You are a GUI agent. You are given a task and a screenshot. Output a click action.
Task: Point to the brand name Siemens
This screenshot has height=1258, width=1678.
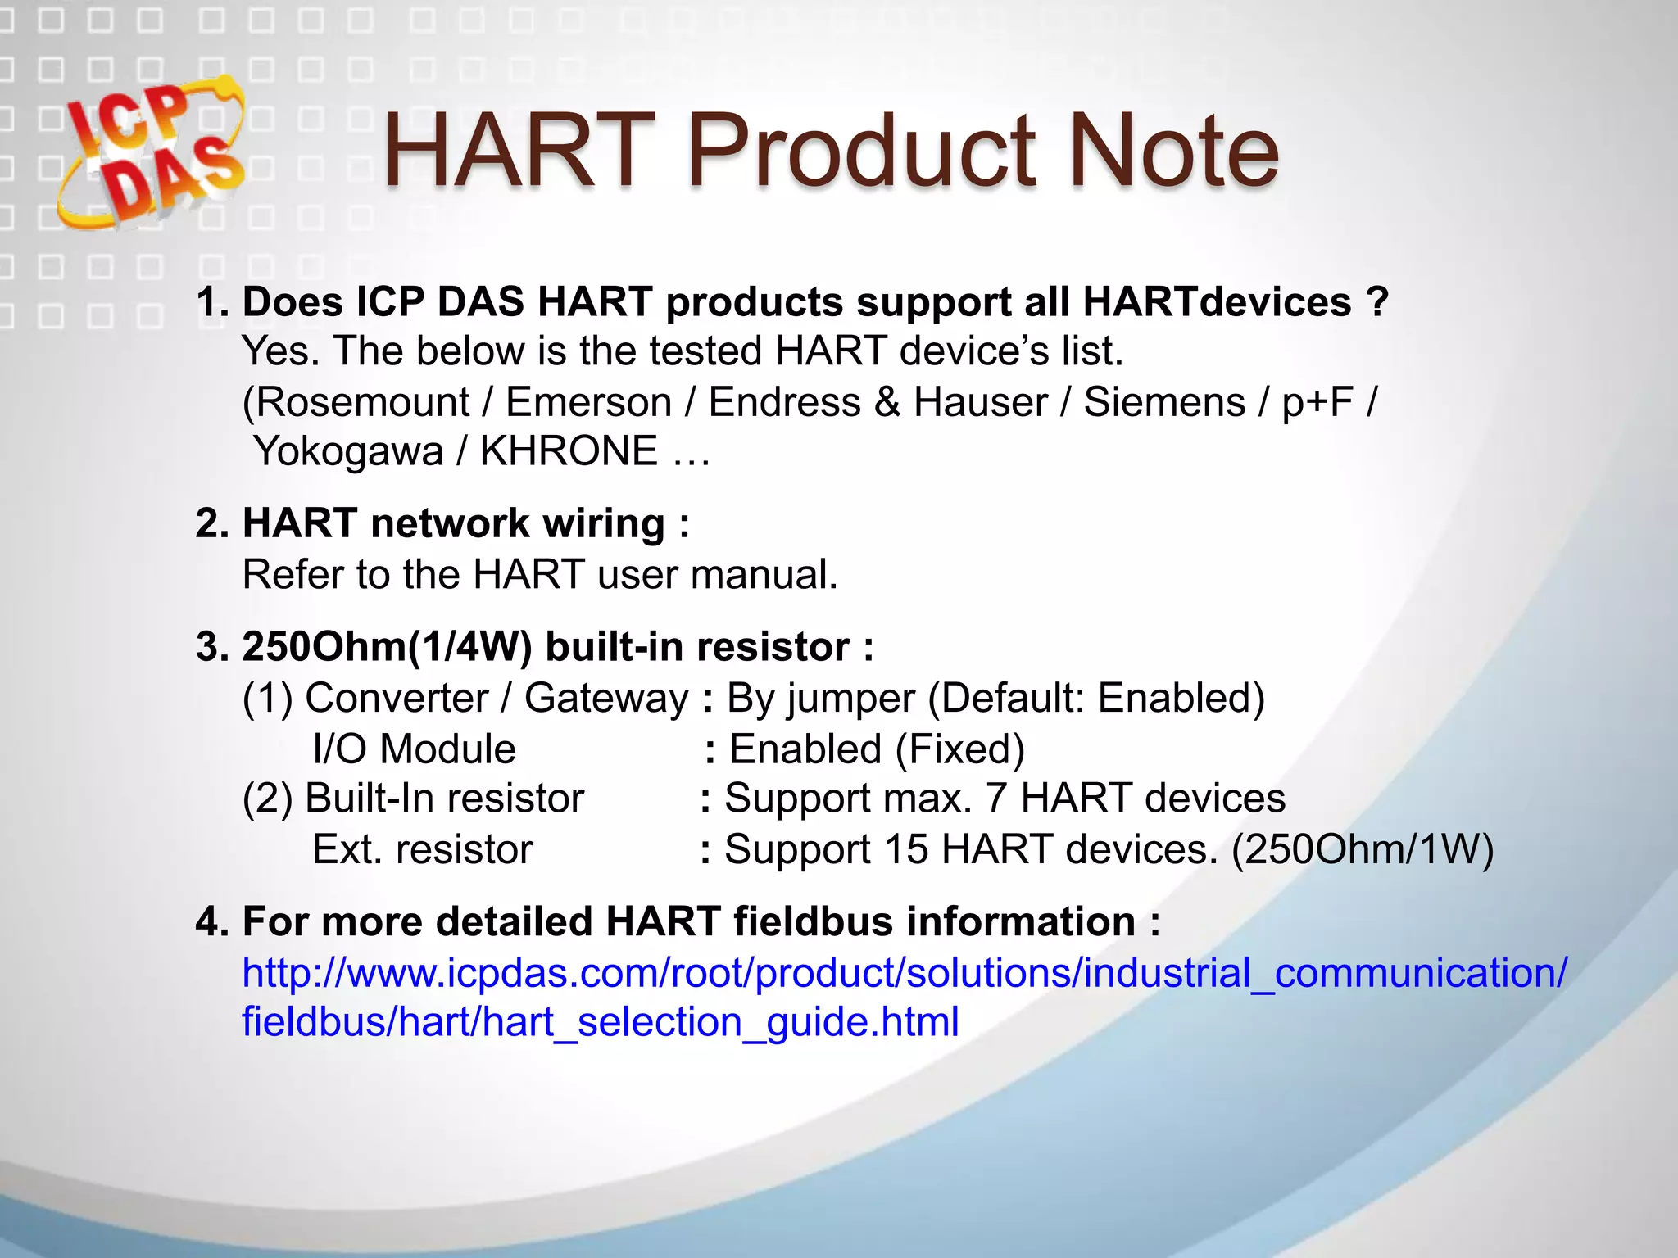(1164, 403)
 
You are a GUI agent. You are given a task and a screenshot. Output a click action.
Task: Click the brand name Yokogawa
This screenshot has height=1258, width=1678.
(348, 452)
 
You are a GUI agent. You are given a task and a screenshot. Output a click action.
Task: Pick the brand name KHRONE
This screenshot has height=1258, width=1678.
(569, 452)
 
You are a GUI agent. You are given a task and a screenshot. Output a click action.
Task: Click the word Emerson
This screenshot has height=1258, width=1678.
(588, 403)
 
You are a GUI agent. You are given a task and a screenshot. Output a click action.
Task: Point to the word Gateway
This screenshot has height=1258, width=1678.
(606, 699)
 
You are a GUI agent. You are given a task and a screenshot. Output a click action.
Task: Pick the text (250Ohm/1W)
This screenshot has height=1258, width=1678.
(1363, 850)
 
